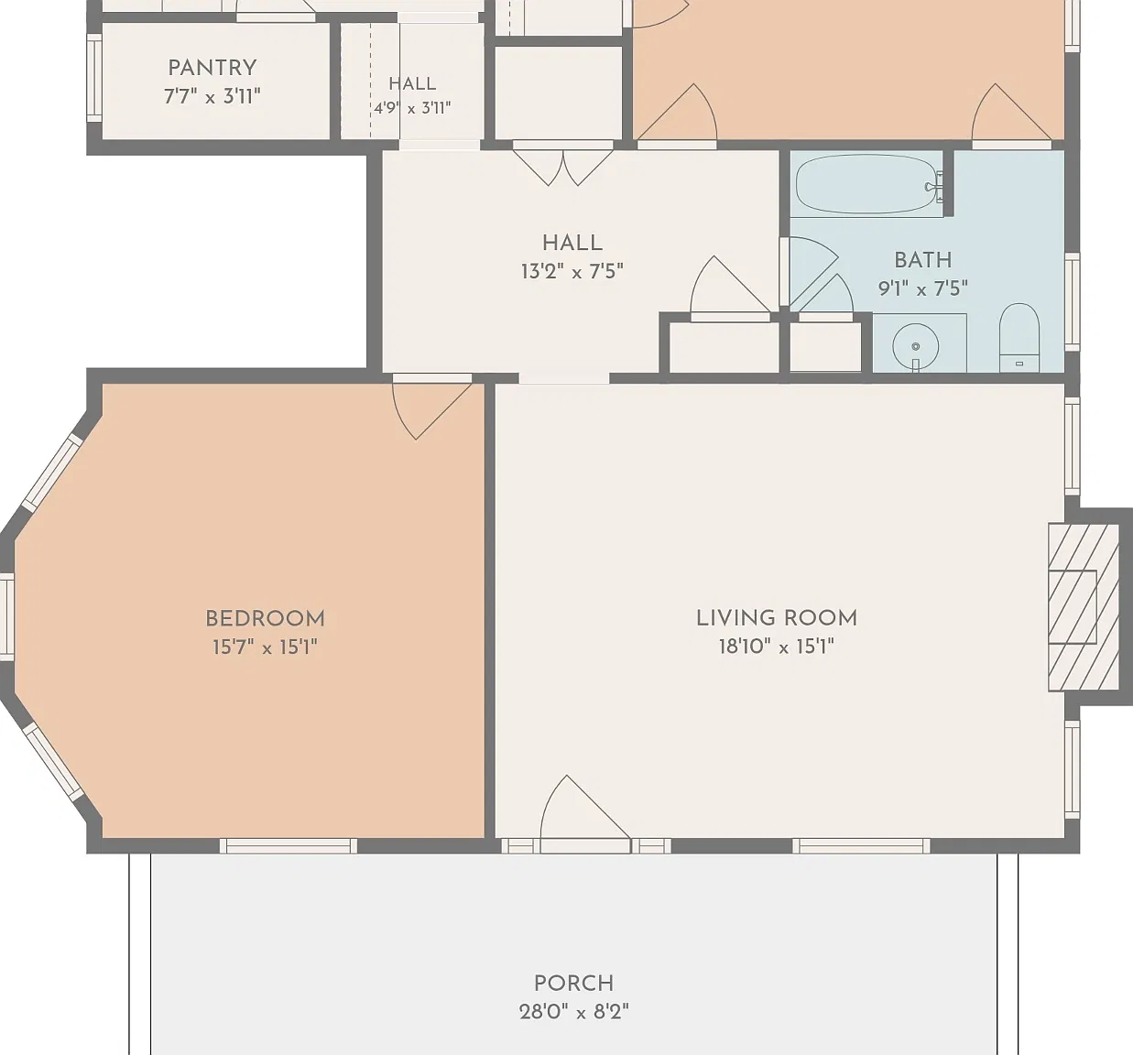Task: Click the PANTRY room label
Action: pos(212,68)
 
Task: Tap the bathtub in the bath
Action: pos(866,184)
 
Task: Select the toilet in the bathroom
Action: pos(1019,337)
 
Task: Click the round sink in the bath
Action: pos(916,346)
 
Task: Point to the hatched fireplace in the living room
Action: pos(1084,608)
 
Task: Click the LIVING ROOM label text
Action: pos(777,618)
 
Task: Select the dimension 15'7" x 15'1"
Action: pos(265,647)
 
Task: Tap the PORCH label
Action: pos(574,983)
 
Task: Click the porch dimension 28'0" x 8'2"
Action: pos(574,1012)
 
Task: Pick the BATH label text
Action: pos(923,260)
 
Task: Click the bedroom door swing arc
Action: pos(403,418)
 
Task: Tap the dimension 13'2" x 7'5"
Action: pos(572,272)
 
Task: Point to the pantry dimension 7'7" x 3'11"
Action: pos(212,96)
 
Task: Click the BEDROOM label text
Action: pos(265,618)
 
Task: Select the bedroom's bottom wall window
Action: pos(289,845)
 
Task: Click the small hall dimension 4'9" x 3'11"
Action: pos(412,107)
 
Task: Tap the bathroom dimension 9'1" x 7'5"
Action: pos(923,288)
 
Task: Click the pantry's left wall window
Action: pos(94,78)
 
